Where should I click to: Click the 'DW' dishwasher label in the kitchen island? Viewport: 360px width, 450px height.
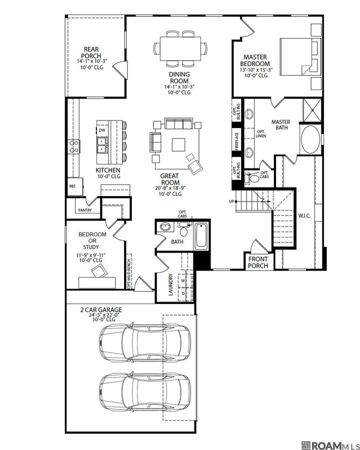(x=102, y=130)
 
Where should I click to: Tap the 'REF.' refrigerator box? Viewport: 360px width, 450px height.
(x=72, y=186)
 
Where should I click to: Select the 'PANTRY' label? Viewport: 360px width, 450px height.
(x=85, y=210)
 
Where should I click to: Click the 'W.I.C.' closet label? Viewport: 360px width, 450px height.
(x=304, y=216)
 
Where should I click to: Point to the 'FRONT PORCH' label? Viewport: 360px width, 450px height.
(x=258, y=262)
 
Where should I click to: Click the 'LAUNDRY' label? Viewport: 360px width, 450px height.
(x=170, y=284)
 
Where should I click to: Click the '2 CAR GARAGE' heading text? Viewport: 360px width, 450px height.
(x=101, y=310)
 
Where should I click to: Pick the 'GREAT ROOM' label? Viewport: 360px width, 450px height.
(x=170, y=179)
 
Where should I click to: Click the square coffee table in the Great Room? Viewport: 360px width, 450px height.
(x=179, y=144)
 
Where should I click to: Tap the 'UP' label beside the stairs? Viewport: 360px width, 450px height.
(x=231, y=201)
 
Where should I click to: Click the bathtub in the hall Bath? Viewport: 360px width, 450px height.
(x=201, y=235)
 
